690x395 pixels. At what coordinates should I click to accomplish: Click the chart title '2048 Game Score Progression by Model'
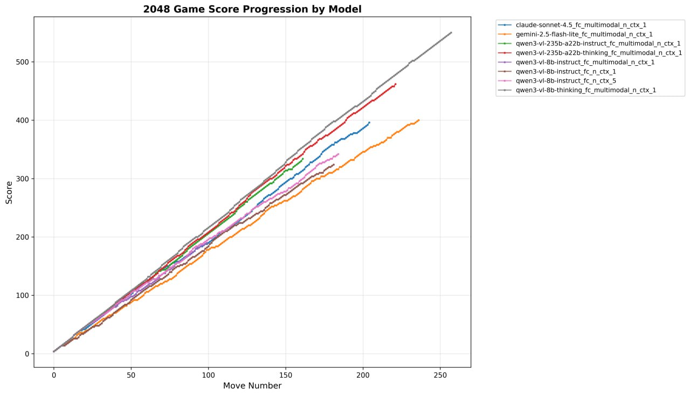(252, 9)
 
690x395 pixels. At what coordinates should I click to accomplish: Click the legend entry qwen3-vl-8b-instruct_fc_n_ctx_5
(566, 81)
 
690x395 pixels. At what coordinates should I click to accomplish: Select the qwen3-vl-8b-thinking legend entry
(585, 90)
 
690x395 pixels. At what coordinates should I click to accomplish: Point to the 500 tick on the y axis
(22, 62)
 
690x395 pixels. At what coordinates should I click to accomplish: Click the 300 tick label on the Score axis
(22, 179)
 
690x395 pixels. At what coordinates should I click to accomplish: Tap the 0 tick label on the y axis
(26, 354)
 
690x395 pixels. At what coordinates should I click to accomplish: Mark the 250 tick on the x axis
(440, 374)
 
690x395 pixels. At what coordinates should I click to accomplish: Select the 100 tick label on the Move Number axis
(208, 374)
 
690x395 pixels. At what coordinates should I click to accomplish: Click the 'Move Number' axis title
(252, 386)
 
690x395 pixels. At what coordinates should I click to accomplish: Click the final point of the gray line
(451, 32)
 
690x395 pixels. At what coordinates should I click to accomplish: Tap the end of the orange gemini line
(419, 120)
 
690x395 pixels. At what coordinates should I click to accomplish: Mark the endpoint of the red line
(396, 84)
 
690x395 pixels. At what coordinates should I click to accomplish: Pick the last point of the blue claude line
(369, 122)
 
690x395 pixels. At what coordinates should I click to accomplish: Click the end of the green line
(303, 159)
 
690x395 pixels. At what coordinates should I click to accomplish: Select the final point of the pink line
(338, 154)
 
